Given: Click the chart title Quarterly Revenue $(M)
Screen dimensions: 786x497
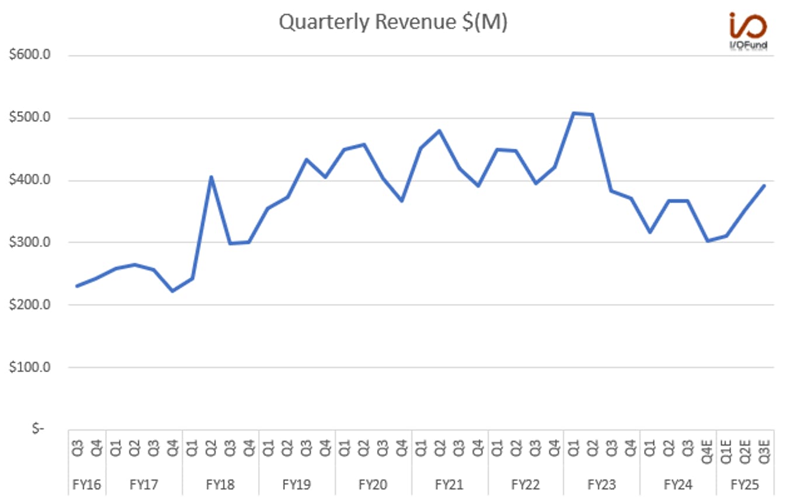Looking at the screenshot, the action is click(393, 22).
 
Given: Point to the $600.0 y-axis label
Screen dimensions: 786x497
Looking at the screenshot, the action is click(30, 55).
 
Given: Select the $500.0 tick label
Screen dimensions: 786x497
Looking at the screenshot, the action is click(30, 117).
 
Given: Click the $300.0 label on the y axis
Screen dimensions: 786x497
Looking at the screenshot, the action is click(30, 242).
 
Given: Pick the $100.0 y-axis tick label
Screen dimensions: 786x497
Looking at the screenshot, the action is click(30, 367).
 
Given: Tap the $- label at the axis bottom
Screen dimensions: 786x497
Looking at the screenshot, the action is click(38, 428).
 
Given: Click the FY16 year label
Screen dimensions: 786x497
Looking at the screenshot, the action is click(86, 485).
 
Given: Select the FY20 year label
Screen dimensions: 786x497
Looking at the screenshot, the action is click(373, 485).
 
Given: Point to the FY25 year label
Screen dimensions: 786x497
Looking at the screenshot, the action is click(745, 485).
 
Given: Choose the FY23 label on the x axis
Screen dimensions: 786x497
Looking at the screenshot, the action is click(602, 485).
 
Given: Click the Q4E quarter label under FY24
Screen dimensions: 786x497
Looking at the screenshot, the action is click(707, 452).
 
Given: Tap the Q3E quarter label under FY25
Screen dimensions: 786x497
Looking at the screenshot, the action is click(764, 452).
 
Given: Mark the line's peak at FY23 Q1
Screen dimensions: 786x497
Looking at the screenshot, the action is click(573, 113).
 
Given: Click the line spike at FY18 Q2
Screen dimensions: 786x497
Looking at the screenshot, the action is click(211, 177).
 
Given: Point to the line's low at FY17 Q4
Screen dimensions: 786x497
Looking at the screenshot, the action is click(173, 291).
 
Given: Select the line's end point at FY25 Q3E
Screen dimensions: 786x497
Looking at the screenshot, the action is click(764, 185).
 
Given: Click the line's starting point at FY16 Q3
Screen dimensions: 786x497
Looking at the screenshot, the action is click(77, 286).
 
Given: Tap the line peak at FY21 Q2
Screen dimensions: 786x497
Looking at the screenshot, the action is click(439, 131).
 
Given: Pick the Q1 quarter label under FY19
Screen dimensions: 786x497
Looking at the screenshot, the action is click(268, 448).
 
